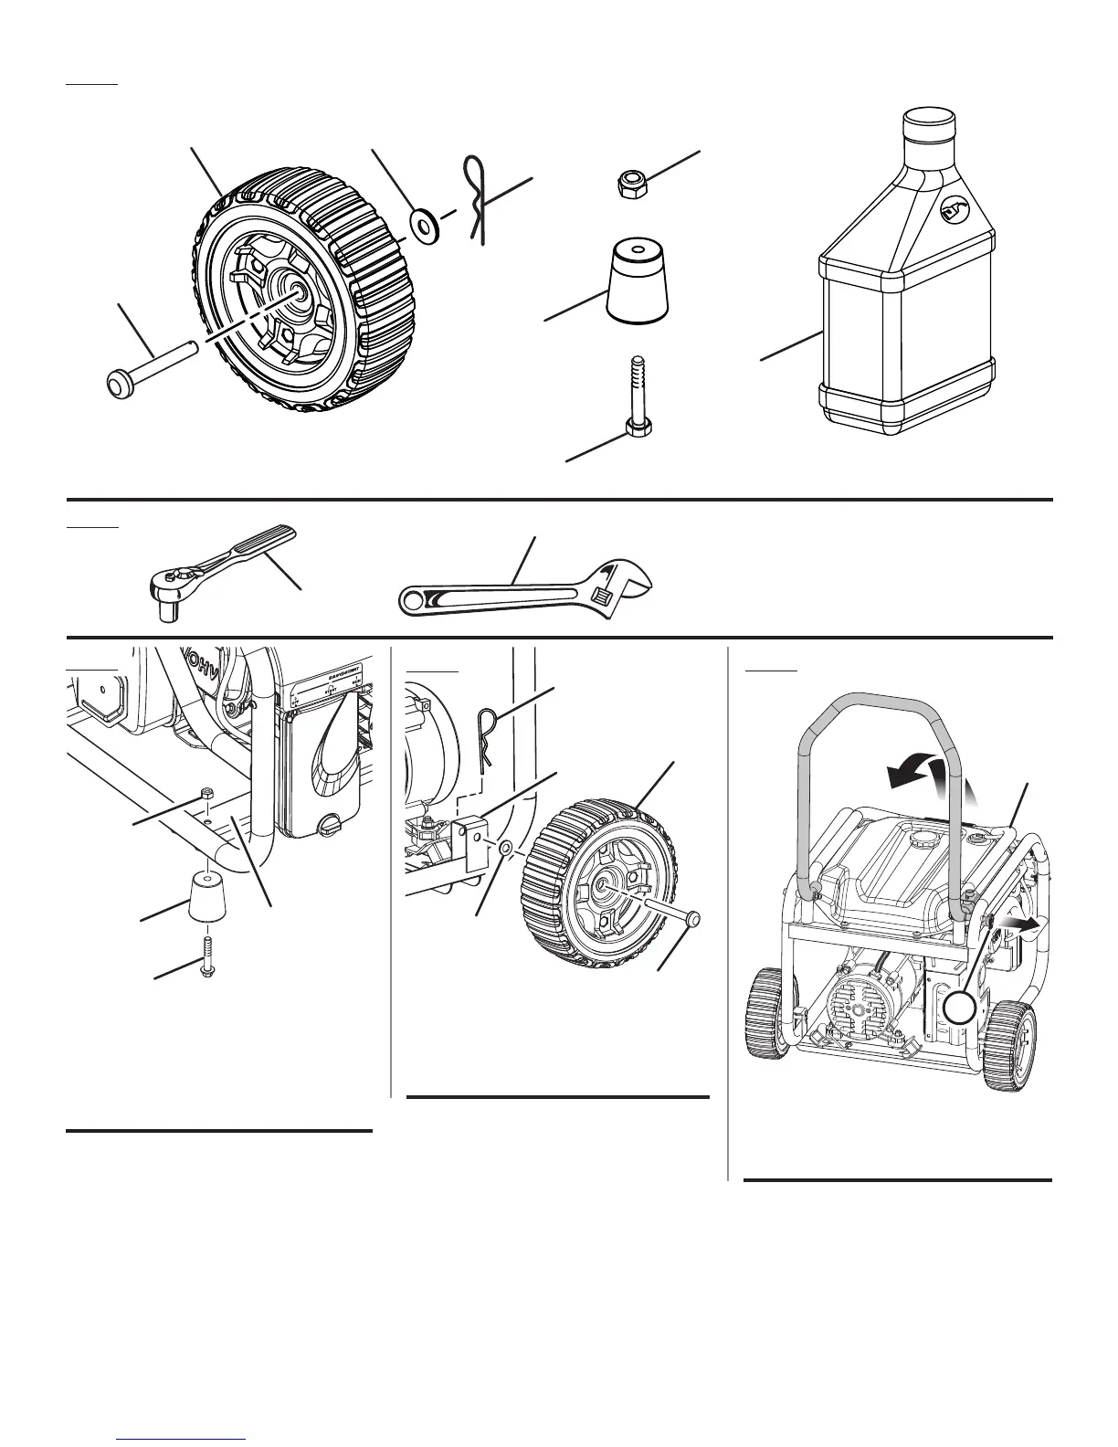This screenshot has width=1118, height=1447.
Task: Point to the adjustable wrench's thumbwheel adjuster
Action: pyautogui.click(x=603, y=597)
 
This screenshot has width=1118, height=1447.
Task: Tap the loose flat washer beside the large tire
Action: pyautogui.click(x=423, y=222)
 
